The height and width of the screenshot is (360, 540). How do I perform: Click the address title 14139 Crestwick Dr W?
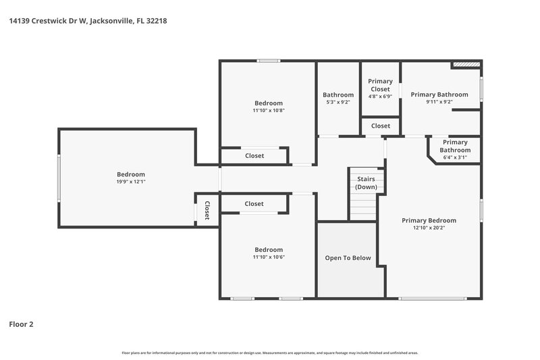88,21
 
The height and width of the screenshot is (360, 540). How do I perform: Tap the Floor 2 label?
21,324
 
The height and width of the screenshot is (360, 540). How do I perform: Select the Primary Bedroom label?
429,220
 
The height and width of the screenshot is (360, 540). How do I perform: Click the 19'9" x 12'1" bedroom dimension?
130,182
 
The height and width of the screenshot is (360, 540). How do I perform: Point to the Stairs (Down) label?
366,182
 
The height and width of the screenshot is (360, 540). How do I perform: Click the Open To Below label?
348,257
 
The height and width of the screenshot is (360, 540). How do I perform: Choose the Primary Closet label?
380,85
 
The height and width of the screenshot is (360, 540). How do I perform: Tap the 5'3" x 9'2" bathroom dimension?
337,103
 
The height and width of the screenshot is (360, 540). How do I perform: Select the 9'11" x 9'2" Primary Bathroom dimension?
439,103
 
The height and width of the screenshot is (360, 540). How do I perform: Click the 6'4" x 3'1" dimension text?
455,157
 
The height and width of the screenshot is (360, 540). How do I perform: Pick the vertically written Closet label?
207,211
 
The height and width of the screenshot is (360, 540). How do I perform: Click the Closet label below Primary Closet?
380,126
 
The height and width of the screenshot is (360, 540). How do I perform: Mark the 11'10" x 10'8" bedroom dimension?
268,111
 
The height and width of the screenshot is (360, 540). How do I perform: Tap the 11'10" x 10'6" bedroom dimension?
268,257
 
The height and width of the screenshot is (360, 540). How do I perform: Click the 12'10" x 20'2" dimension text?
429,228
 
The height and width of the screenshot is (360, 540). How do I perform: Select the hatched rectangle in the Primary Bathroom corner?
466,65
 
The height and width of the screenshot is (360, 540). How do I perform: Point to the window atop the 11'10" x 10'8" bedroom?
268,61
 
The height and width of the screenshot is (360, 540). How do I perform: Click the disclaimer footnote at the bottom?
269,353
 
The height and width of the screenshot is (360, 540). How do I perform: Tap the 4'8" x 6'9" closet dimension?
380,97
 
